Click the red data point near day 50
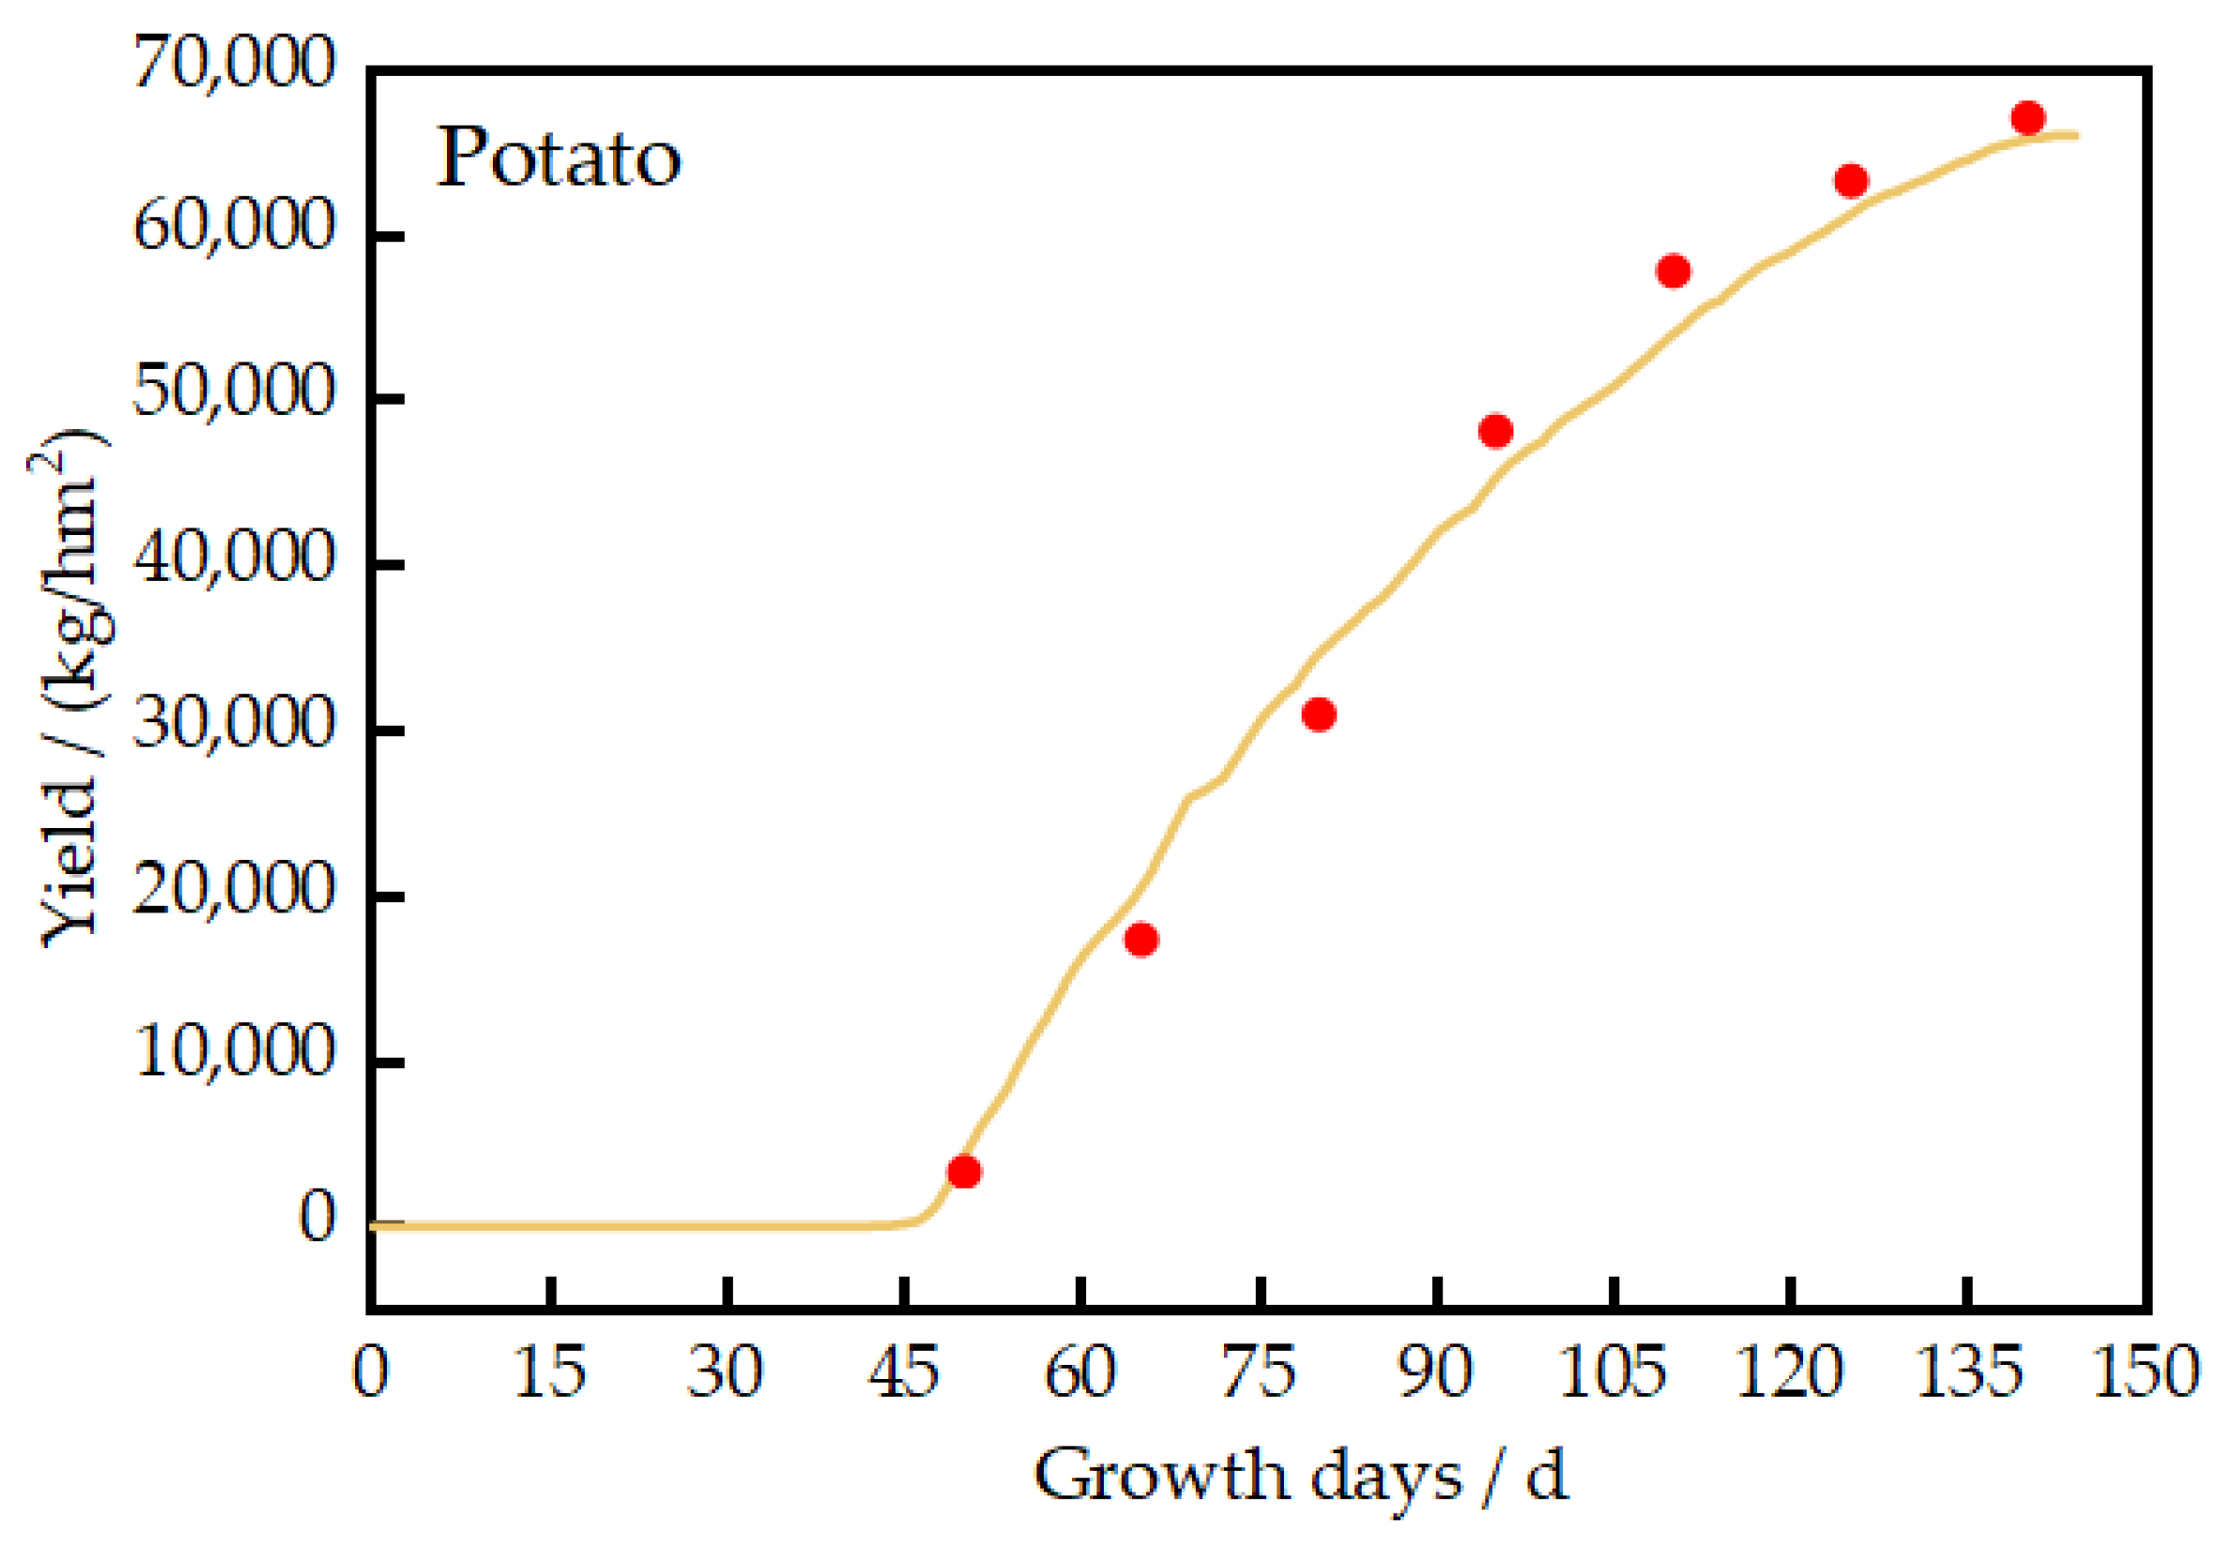[963, 1171]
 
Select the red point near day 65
[1141, 940]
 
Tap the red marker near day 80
[1319, 715]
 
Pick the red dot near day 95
[1496, 431]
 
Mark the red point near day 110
[1674, 272]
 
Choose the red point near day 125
[1851, 181]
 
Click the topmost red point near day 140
[2028, 118]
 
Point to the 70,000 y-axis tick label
[234, 64]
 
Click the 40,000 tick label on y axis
[234, 559]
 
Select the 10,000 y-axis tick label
[234, 1052]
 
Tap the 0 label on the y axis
[317, 1218]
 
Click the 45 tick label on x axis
[903, 1372]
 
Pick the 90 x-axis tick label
[1436, 1372]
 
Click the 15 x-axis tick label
[549, 1372]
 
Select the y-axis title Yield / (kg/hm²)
[69, 688]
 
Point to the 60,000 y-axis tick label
[234, 229]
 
